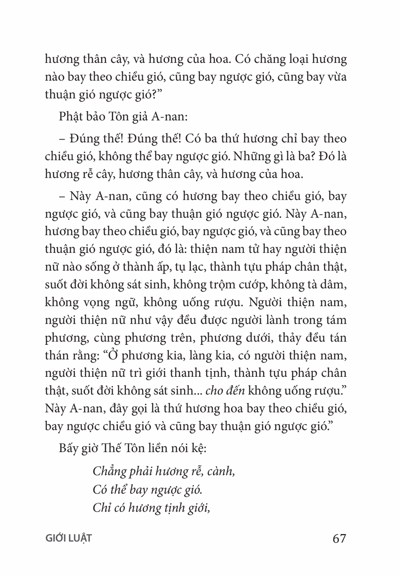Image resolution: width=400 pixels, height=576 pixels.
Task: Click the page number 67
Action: pos(339,538)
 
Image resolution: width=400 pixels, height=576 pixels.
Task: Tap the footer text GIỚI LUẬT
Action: pos(69,538)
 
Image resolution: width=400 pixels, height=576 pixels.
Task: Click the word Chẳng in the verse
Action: pos(109,472)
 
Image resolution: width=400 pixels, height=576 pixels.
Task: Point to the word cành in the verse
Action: pos(220,472)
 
